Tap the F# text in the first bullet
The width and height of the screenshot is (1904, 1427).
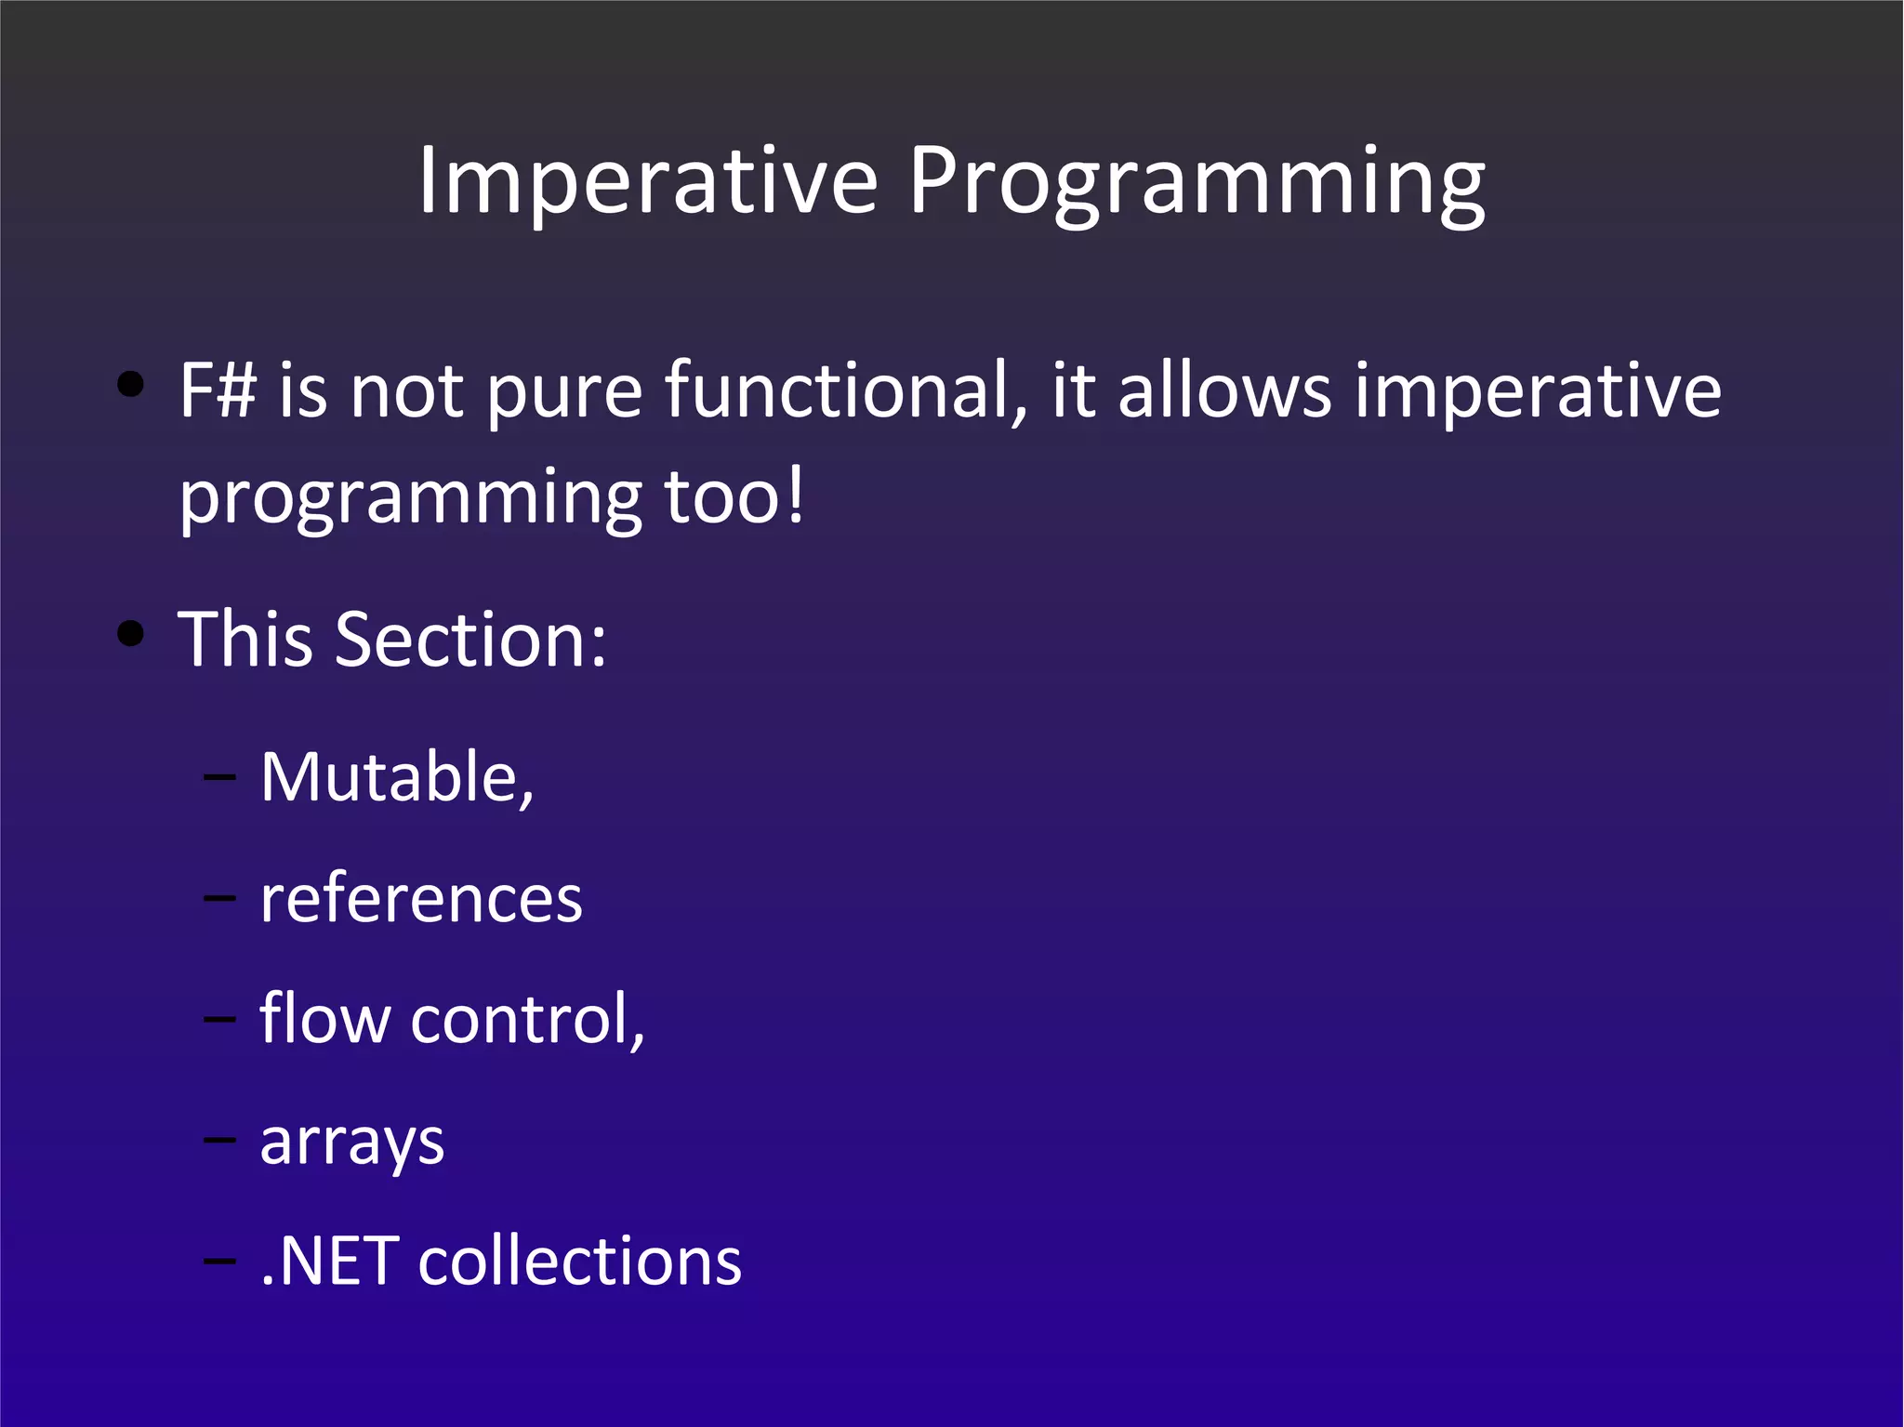pos(217,390)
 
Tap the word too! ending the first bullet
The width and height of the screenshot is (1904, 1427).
pos(733,497)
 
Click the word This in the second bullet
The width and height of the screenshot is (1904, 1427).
pos(245,640)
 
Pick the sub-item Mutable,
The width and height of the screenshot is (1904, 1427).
pos(397,777)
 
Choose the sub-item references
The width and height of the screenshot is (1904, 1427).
pos(421,899)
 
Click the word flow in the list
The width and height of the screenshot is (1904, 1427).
pos(324,1019)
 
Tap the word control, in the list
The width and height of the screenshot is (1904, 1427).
pos(527,1019)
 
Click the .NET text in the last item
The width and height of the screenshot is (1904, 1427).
pos(330,1262)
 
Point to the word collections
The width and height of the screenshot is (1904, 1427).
pos(579,1262)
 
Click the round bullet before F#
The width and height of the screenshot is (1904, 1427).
pos(131,384)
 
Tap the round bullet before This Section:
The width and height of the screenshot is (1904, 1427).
pos(131,634)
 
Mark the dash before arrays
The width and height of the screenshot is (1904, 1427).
pos(219,1140)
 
